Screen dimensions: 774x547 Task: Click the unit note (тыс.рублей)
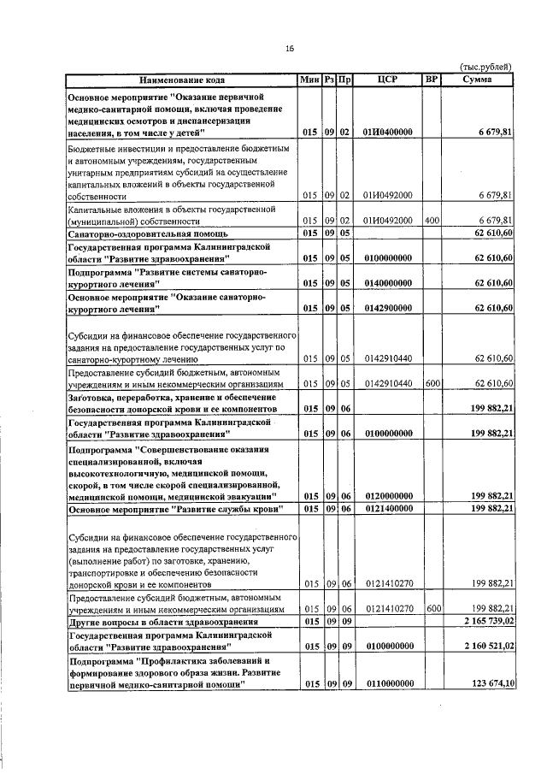pos(485,66)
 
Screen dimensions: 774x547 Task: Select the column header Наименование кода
pos(182,80)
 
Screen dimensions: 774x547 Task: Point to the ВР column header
pos(432,80)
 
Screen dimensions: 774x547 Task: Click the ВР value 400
pos(432,220)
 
